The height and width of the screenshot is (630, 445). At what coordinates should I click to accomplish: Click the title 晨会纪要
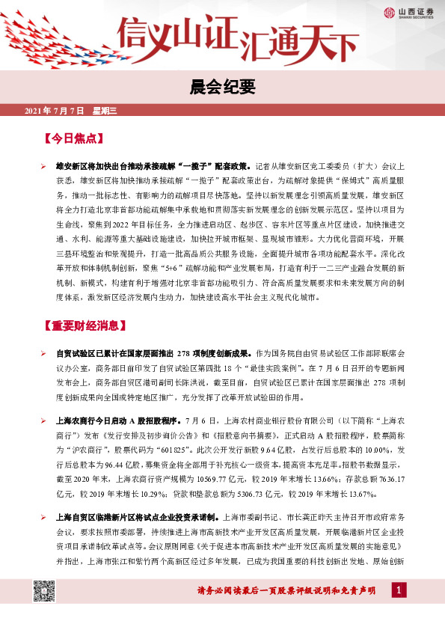[x=222, y=88]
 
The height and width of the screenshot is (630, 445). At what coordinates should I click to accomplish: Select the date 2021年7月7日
[x=56, y=111]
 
